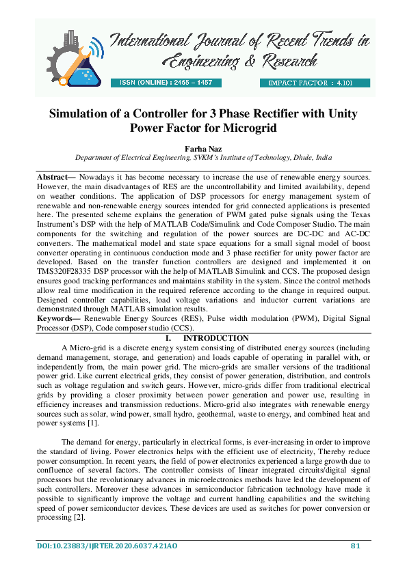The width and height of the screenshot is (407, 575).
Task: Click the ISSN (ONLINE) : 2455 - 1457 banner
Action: [x=166, y=83]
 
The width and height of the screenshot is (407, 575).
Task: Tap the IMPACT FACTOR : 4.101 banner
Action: [x=314, y=83]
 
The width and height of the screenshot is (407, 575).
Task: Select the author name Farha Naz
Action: [x=202, y=146]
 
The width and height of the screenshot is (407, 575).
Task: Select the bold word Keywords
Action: [x=56, y=318]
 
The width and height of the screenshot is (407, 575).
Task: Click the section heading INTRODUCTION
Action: [x=215, y=339]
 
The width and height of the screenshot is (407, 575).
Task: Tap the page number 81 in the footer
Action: [x=355, y=545]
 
